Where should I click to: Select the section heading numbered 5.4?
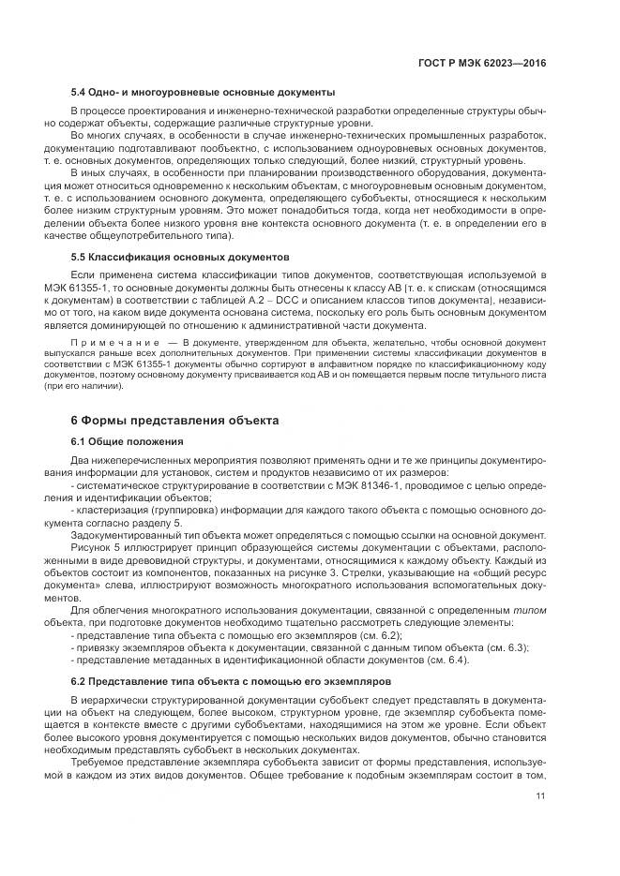pos(203,92)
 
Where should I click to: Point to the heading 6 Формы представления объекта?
pos(174,421)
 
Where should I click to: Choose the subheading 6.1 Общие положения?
pos(127,441)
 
